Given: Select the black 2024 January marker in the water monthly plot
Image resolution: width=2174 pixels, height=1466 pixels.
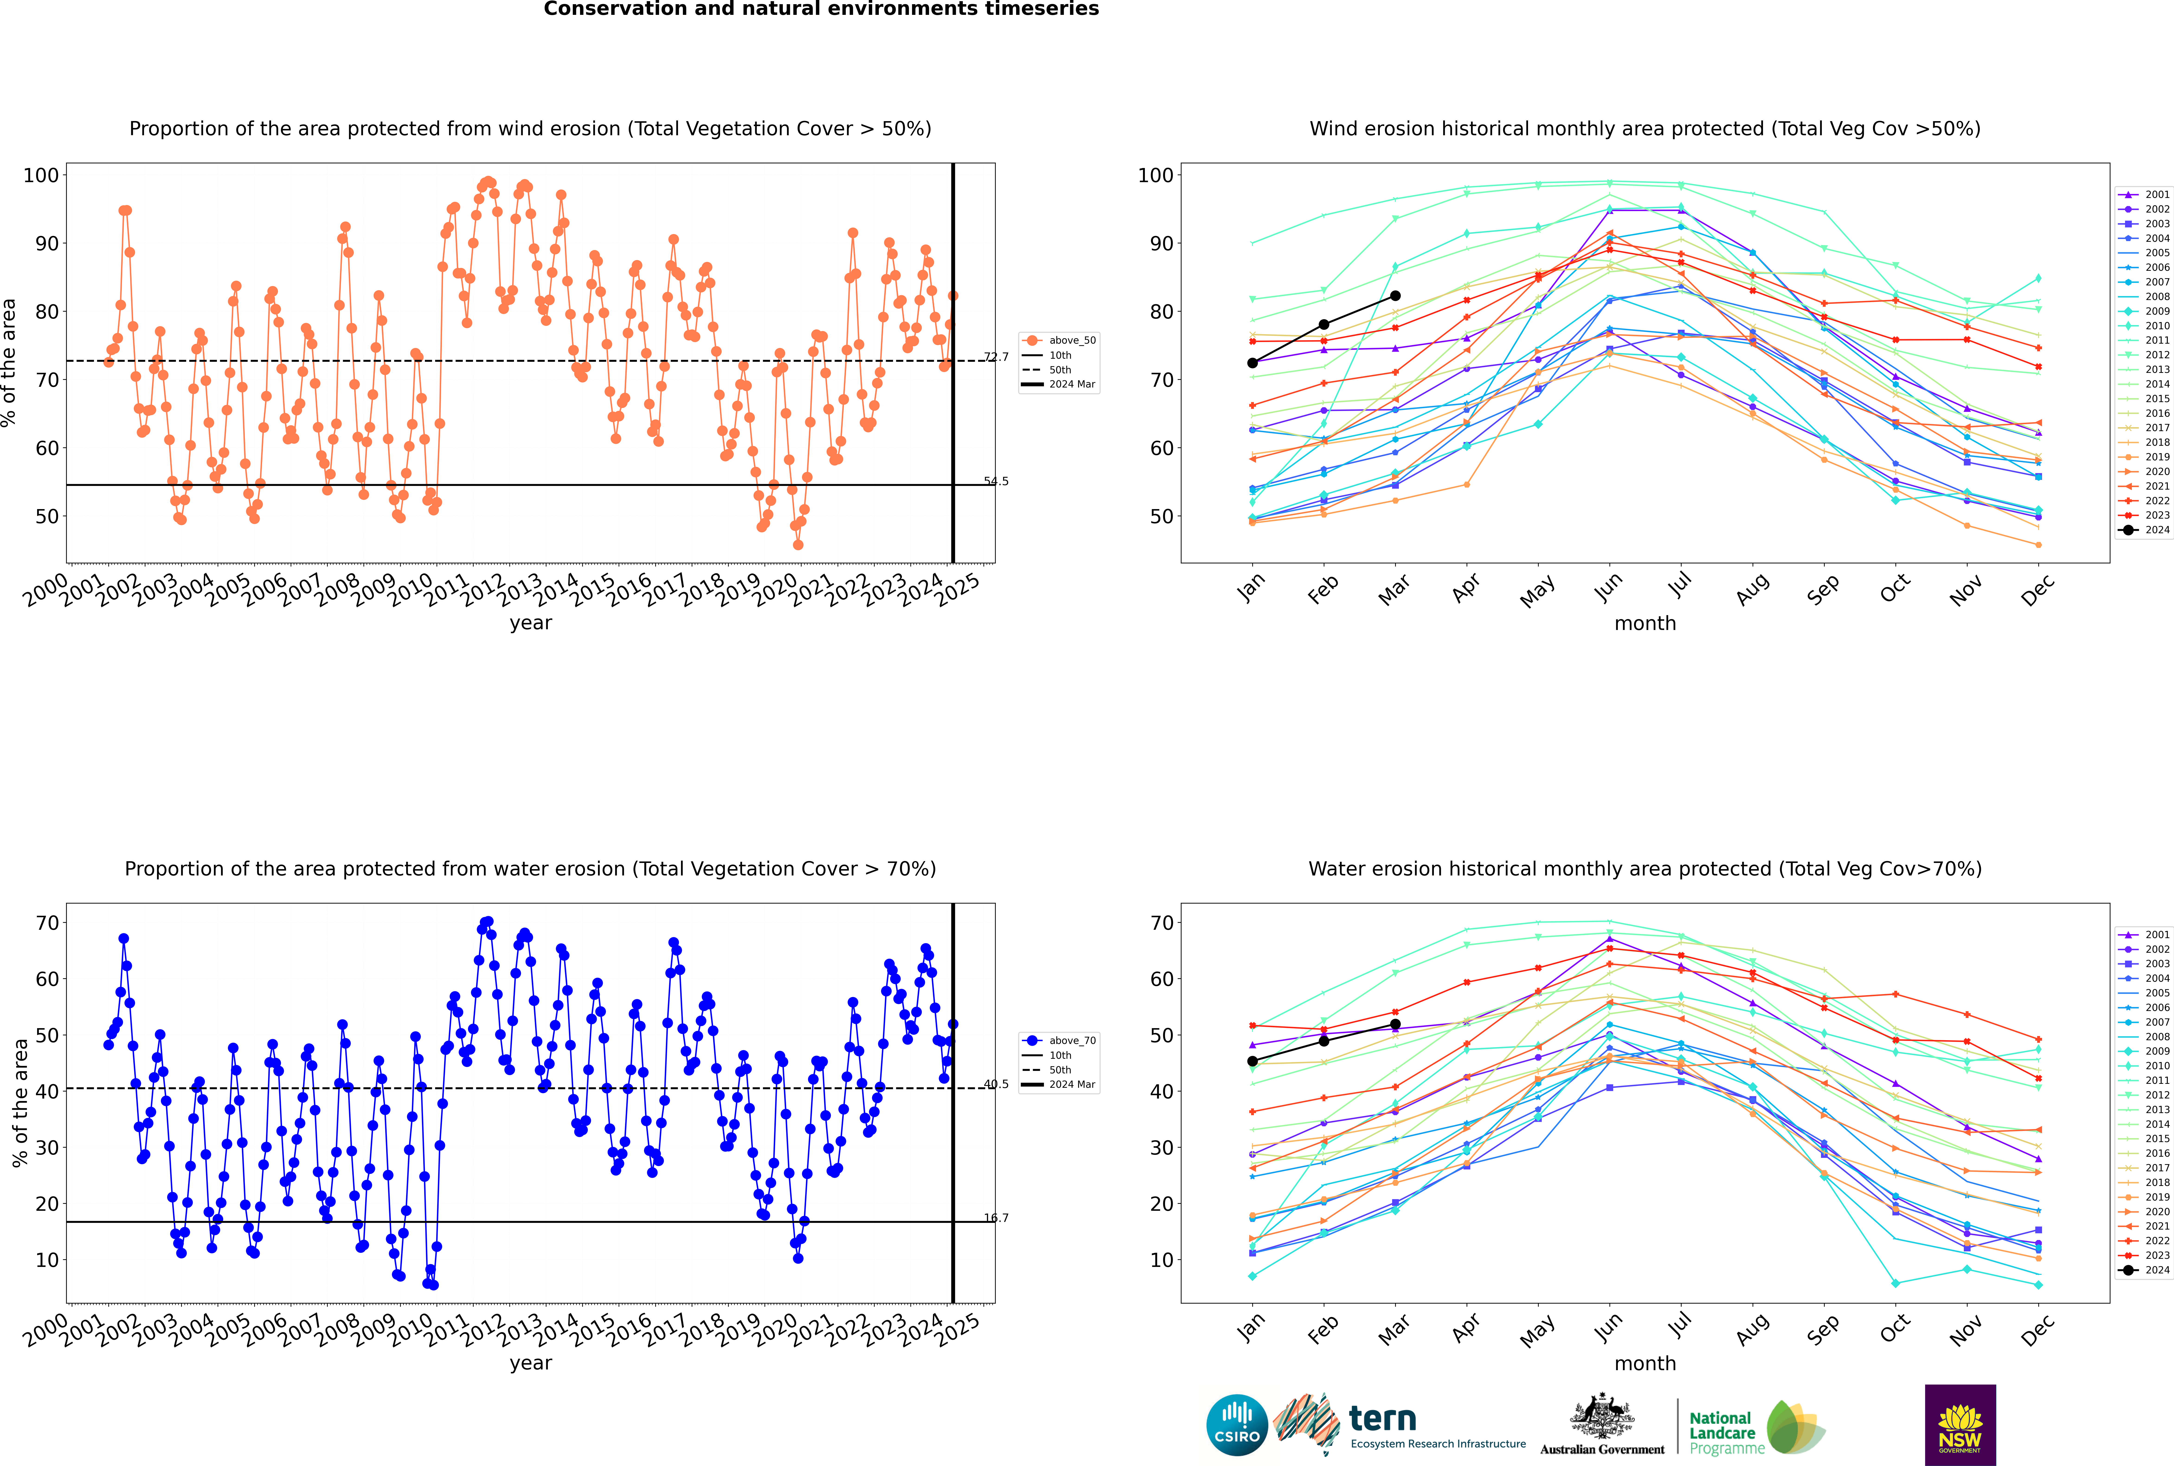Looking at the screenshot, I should tap(1252, 1061).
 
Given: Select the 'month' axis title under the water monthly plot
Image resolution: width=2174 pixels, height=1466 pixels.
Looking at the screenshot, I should tap(1645, 1363).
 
